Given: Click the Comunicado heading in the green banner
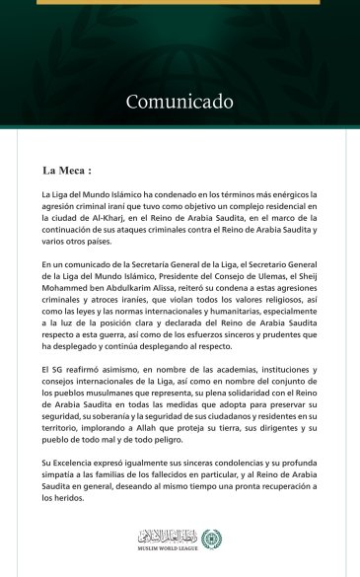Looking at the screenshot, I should pyautogui.click(x=180, y=102).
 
